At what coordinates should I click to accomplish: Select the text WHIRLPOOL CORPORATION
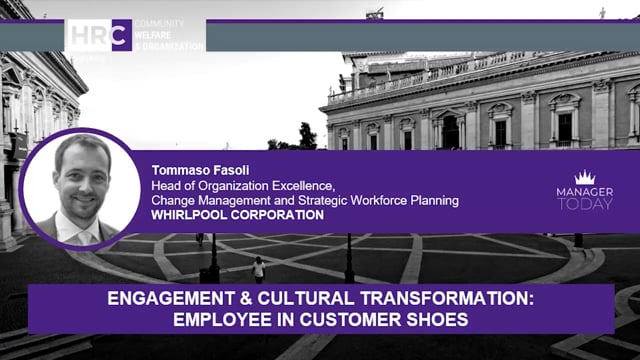238,214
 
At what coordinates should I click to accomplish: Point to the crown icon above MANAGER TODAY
585,178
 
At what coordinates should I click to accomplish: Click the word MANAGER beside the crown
586,190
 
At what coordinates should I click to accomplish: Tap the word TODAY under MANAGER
586,203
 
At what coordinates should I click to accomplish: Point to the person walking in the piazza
259,268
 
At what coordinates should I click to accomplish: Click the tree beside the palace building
307,135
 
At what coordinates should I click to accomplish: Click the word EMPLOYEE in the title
215,319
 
